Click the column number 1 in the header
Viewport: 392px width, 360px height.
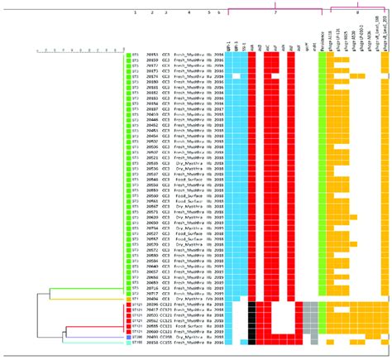[x=135, y=37]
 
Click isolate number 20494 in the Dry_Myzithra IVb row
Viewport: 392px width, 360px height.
[x=153, y=298]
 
